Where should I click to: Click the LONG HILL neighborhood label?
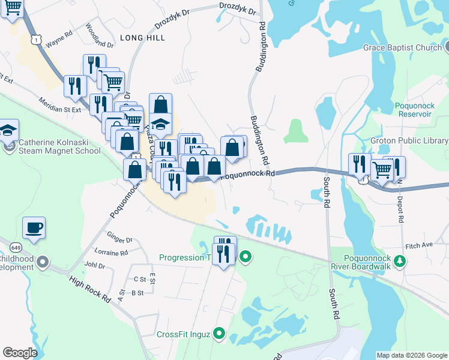click(x=142, y=37)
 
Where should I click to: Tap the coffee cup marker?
click(x=34, y=228)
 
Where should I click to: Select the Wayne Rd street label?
click(x=59, y=43)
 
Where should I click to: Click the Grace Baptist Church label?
click(x=402, y=47)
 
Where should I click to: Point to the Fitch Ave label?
click(x=419, y=245)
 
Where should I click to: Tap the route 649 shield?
click(x=16, y=247)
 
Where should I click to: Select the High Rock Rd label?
click(x=90, y=289)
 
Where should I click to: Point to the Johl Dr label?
click(x=95, y=265)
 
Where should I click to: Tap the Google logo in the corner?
click(x=20, y=353)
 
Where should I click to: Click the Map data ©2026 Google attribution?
click(x=411, y=355)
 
